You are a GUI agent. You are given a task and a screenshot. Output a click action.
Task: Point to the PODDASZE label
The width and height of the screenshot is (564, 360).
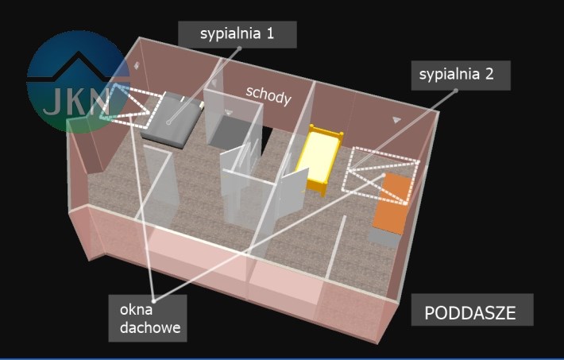[469, 312]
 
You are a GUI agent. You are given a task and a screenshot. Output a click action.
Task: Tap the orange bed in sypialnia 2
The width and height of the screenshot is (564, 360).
[392, 204]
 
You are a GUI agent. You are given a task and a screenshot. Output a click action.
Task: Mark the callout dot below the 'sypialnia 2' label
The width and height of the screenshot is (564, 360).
[457, 91]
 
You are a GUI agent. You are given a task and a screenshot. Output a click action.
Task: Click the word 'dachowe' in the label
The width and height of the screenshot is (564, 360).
[148, 326]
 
